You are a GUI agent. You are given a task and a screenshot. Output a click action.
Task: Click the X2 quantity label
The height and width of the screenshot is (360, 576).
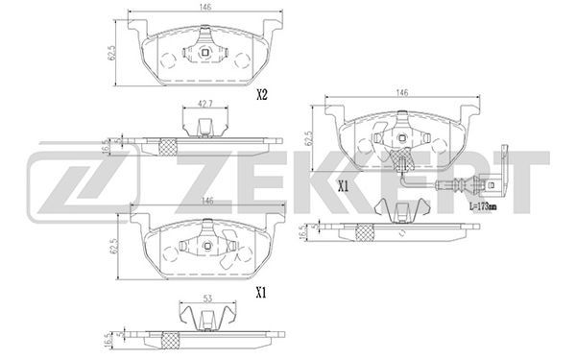[261, 95]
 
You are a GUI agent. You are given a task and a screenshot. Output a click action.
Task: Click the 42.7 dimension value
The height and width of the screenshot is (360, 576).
[205, 104]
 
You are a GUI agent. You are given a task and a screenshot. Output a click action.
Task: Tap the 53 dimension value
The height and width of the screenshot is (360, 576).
[208, 299]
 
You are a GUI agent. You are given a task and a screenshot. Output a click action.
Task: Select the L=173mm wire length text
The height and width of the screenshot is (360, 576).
[483, 206]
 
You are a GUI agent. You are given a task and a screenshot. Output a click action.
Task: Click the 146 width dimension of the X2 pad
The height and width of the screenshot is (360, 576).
[205, 8]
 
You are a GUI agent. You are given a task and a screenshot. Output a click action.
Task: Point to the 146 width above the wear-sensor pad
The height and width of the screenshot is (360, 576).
[402, 92]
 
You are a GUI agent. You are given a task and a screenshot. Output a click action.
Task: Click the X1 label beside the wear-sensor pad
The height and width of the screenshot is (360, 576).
[343, 187]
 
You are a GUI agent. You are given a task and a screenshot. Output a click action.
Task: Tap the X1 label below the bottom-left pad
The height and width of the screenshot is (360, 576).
[261, 293]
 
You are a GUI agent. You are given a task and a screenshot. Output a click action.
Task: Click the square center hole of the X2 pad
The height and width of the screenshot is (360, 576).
[205, 53]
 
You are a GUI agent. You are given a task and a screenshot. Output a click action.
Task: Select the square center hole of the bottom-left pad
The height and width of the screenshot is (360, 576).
[208, 246]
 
